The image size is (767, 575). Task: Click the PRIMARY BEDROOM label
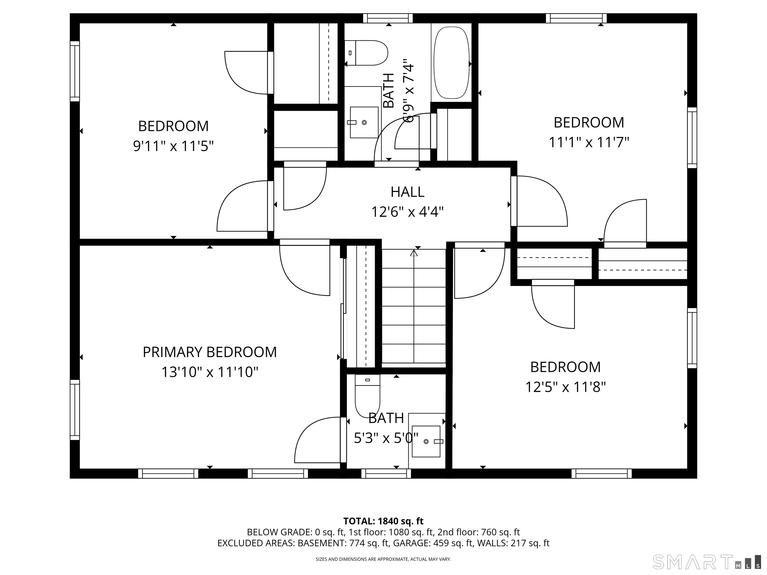(210, 352)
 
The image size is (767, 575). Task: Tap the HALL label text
(407, 192)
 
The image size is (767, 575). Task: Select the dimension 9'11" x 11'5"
(173, 146)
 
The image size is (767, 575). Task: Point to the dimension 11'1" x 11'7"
(589, 142)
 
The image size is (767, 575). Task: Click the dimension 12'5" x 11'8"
(566, 387)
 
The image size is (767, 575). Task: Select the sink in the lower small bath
(426, 441)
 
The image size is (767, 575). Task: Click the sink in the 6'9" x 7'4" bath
(364, 122)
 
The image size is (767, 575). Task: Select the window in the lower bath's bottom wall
(386, 473)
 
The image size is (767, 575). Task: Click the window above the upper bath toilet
(388, 18)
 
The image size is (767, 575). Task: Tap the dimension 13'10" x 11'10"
(210, 372)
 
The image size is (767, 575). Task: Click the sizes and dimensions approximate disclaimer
(383, 559)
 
